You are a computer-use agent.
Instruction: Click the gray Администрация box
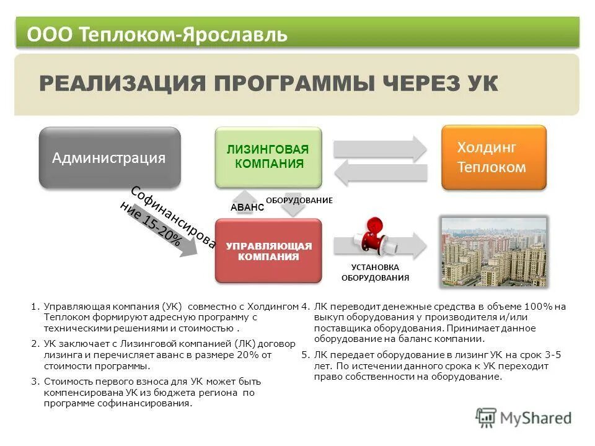click(110, 158)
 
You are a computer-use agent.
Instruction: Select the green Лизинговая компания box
click(268, 157)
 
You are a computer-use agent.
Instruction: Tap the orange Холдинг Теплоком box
click(493, 157)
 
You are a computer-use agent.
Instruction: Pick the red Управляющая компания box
click(268, 251)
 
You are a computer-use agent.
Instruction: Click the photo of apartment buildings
click(493, 251)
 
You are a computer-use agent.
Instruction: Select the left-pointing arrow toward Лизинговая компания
click(380, 172)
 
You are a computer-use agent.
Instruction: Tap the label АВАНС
click(247, 208)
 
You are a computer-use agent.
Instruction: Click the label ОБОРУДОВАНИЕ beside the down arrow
click(299, 200)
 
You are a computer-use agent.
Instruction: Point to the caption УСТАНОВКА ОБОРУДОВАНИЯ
click(375, 272)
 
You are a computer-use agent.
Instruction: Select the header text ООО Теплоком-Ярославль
click(157, 34)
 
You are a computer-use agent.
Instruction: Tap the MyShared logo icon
click(486, 418)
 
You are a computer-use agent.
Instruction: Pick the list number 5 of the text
click(305, 355)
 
